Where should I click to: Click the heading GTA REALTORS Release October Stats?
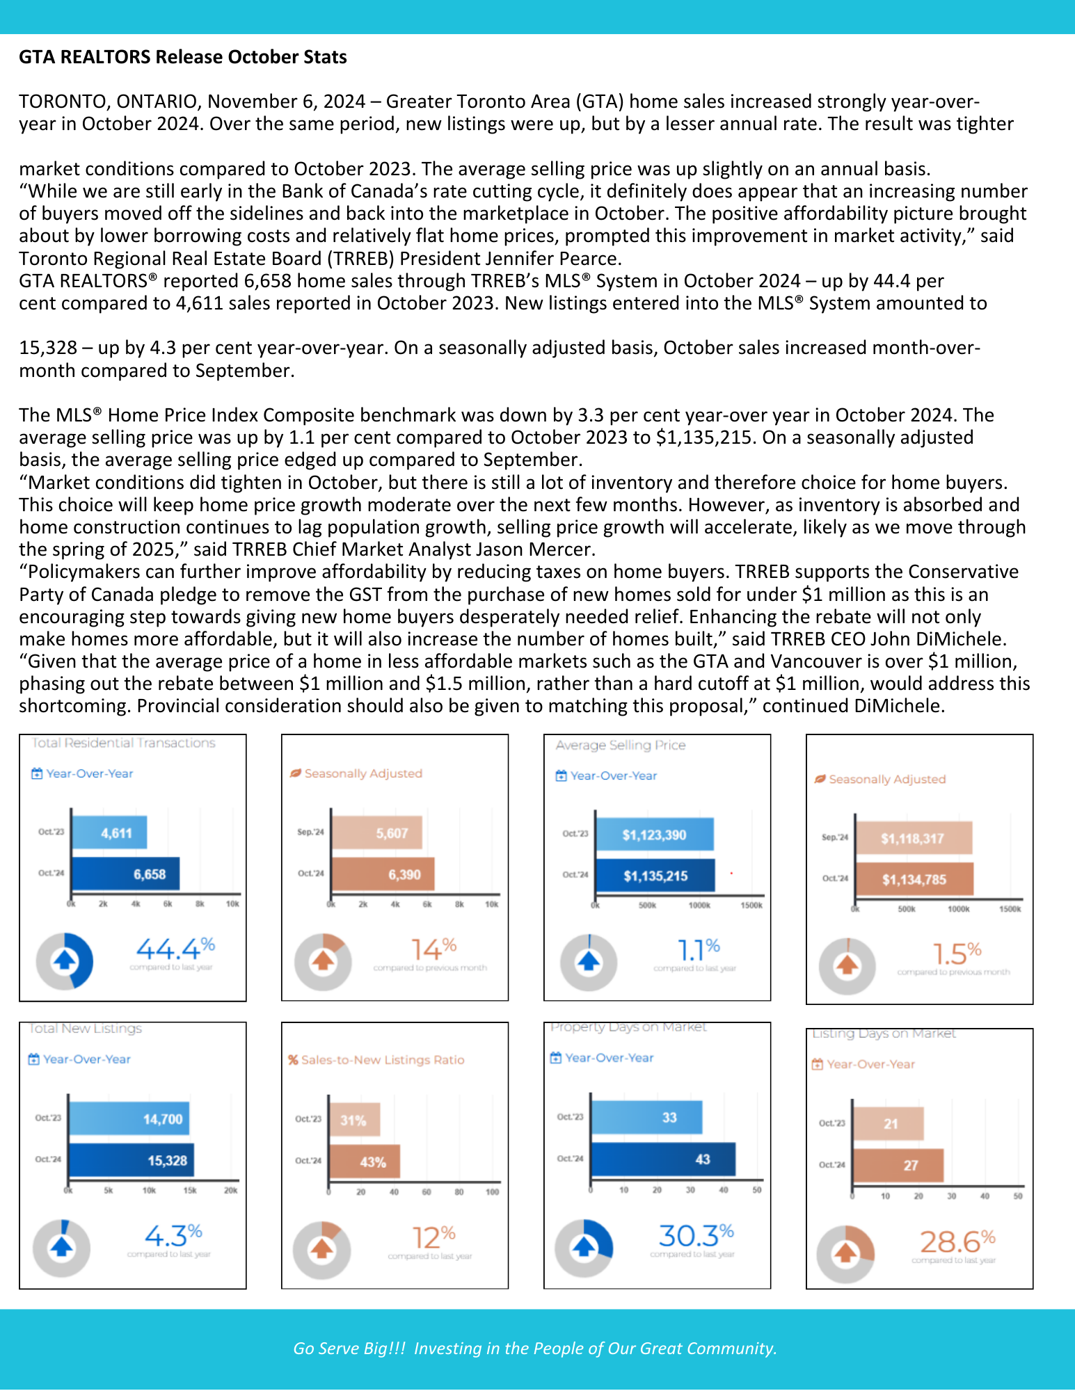pos(182,57)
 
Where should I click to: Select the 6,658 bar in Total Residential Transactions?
pos(125,874)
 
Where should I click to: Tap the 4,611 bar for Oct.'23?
pos(109,833)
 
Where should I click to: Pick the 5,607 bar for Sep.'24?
pos(376,833)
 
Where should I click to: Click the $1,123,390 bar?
pos(654,835)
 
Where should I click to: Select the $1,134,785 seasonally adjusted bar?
pos(914,879)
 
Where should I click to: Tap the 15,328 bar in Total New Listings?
pos(131,1160)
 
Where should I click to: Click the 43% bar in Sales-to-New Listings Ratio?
pos(365,1161)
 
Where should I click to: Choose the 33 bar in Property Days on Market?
pos(646,1117)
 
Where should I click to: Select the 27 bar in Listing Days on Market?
pos(898,1165)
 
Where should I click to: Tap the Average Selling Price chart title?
pos(621,746)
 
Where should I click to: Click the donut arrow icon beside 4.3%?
pos(62,1248)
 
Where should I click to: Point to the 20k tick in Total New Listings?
pos(230,1190)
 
